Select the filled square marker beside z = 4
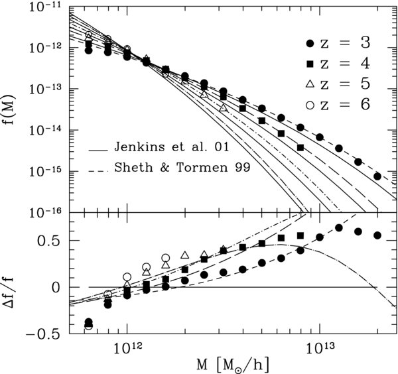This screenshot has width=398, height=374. click(308, 64)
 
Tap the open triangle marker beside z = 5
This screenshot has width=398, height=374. click(308, 84)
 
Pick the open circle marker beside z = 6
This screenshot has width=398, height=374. click(308, 105)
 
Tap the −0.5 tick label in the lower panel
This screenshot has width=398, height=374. click(42, 334)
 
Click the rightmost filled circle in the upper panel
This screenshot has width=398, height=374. click(377, 176)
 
